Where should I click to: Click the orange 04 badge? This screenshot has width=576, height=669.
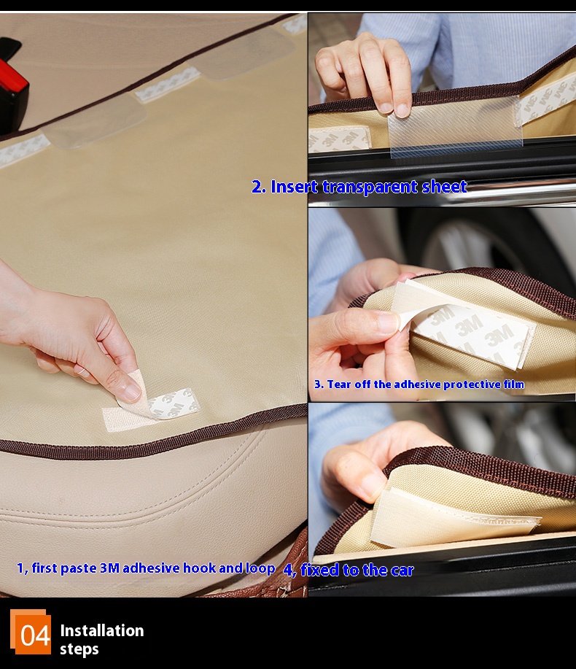click(31, 632)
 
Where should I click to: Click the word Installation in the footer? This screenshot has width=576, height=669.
click(102, 630)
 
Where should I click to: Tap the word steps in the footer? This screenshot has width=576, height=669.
click(79, 650)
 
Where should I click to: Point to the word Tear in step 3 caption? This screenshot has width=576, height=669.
click(339, 384)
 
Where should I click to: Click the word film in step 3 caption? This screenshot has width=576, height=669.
click(514, 384)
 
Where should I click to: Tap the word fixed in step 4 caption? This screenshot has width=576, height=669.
click(320, 570)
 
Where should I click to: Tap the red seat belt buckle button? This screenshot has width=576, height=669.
click(13, 77)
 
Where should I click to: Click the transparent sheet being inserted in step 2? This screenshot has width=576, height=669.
click(454, 125)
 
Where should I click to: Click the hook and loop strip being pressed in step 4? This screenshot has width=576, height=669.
click(452, 519)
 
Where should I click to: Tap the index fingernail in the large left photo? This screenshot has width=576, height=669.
click(133, 392)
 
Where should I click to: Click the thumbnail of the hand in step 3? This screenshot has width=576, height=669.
click(388, 322)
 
